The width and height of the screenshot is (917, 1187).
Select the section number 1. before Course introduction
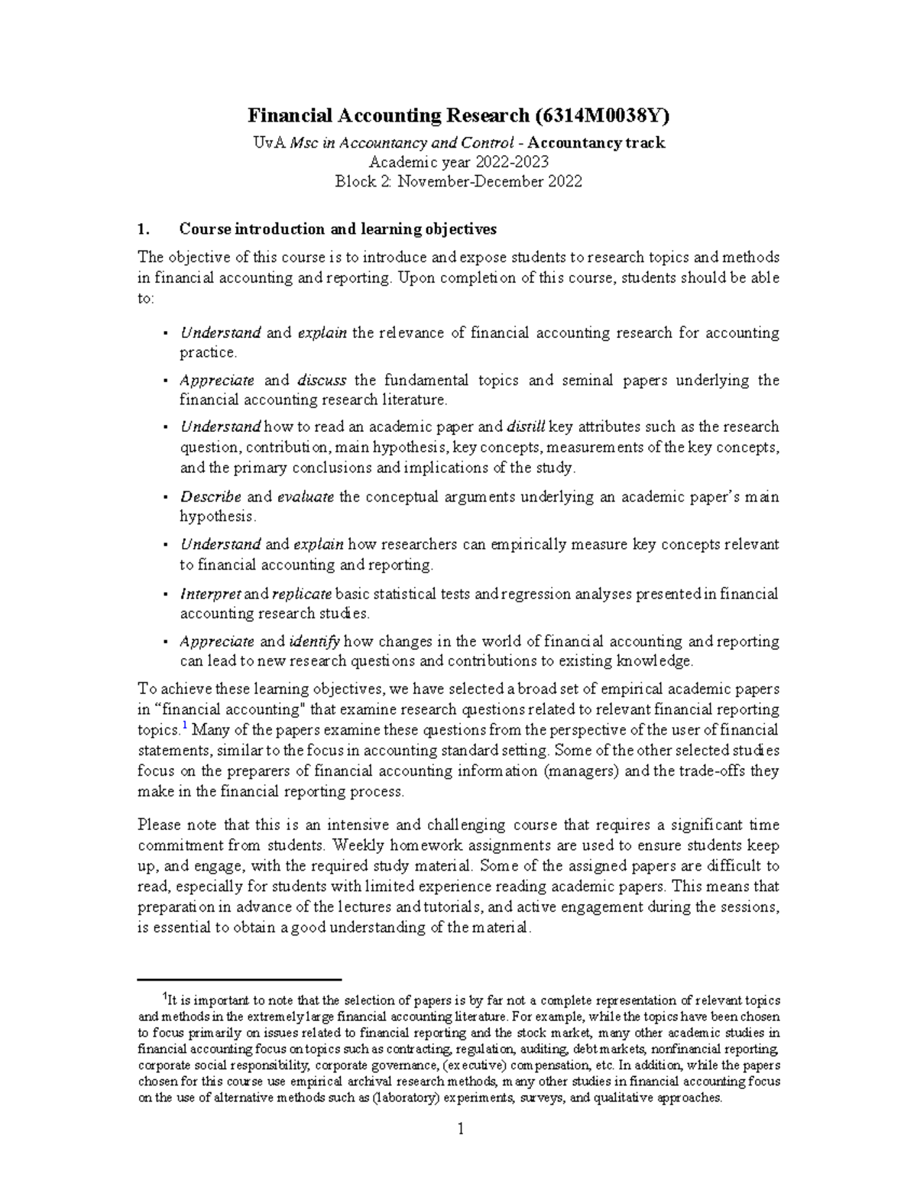click(141, 229)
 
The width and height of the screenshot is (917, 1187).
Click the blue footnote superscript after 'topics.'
click(184, 725)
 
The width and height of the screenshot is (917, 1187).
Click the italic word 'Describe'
click(210, 497)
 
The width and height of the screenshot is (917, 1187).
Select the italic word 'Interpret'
click(210, 594)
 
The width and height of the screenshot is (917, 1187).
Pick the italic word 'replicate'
click(301, 594)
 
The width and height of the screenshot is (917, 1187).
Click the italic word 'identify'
click(314, 641)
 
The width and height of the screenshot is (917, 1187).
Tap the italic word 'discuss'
click(322, 380)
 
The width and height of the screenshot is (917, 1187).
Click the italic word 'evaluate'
click(305, 497)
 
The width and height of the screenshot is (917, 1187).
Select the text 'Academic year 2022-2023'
click(458, 162)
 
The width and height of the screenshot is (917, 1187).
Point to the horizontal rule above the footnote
click(239, 979)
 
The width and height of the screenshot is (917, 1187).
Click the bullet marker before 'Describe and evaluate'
click(166, 497)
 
